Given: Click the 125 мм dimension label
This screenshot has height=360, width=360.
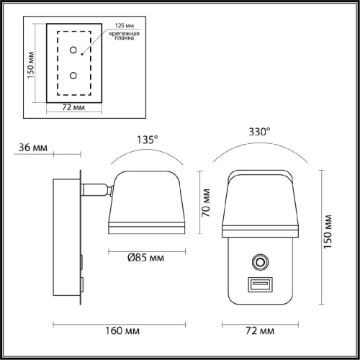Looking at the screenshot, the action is click(125, 25).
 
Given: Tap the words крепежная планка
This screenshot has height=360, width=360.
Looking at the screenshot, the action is click(125, 35).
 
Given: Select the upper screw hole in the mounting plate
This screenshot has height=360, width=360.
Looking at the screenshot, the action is click(73, 50).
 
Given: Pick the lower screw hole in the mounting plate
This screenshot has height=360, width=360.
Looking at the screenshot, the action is click(73, 76).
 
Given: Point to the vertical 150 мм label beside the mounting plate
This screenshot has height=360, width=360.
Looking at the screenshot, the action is click(31, 65).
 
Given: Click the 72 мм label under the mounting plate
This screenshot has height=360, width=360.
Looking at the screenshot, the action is click(73, 107).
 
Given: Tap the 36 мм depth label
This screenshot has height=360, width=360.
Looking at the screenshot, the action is click(33, 148).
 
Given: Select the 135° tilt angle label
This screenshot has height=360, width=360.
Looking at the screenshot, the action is click(148, 140).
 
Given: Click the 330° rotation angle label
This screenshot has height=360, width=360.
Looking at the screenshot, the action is click(259, 132).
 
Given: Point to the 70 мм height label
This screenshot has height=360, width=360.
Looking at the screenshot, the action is click(206, 203).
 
